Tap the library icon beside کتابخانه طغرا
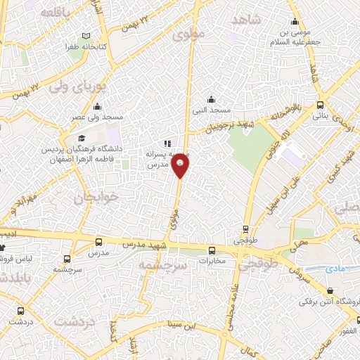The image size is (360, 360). [x=86, y=36]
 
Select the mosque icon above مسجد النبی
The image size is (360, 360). [x=211, y=99]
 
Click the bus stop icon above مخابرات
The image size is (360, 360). [x=212, y=250]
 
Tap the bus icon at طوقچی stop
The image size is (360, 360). [x=245, y=229]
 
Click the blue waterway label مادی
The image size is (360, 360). [x=334, y=269]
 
